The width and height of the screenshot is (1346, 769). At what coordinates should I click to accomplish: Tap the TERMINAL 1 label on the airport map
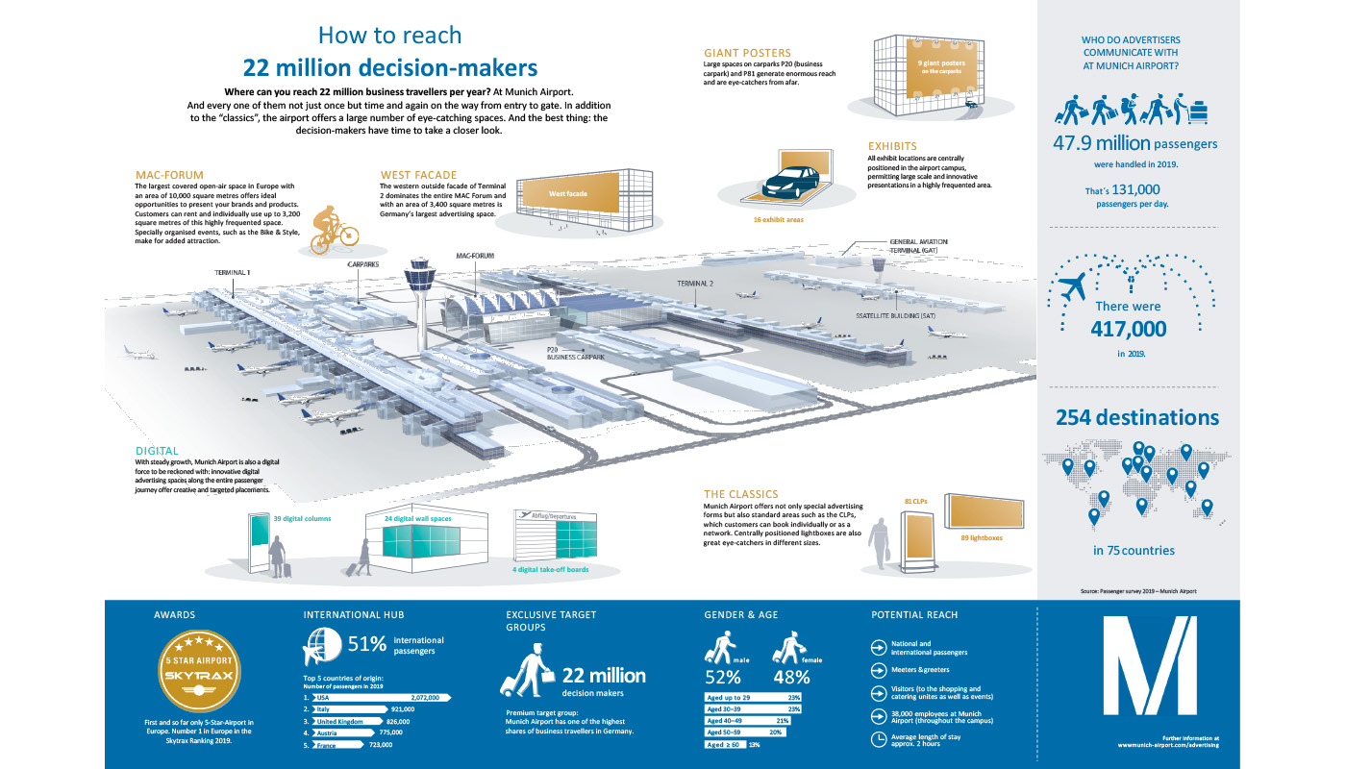[233, 273]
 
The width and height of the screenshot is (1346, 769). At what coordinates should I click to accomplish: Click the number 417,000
[1128, 328]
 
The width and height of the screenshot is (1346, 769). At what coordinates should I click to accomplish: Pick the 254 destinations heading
[1137, 418]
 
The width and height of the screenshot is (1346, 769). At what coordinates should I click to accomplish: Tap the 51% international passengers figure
[366, 643]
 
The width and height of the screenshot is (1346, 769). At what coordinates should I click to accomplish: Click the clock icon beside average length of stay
[877, 739]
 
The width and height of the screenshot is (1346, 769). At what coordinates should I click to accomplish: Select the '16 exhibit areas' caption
[779, 219]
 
